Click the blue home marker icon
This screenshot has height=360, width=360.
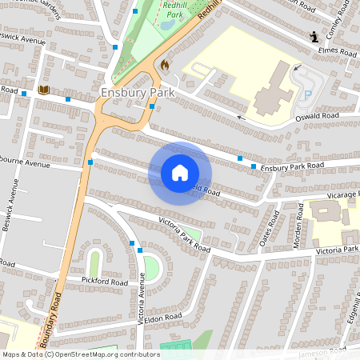[x=180, y=173]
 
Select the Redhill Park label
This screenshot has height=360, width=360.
[x=174, y=9]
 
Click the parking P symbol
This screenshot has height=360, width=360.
[x=308, y=94]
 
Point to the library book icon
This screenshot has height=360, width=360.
[x=43, y=90]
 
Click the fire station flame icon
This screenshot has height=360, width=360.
[x=165, y=64]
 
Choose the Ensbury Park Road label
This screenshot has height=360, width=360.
[x=292, y=166]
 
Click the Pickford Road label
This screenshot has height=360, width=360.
[x=104, y=282]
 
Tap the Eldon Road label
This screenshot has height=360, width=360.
[x=164, y=318]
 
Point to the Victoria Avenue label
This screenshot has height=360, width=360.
[x=142, y=297]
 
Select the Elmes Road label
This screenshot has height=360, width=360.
[x=337, y=50]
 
